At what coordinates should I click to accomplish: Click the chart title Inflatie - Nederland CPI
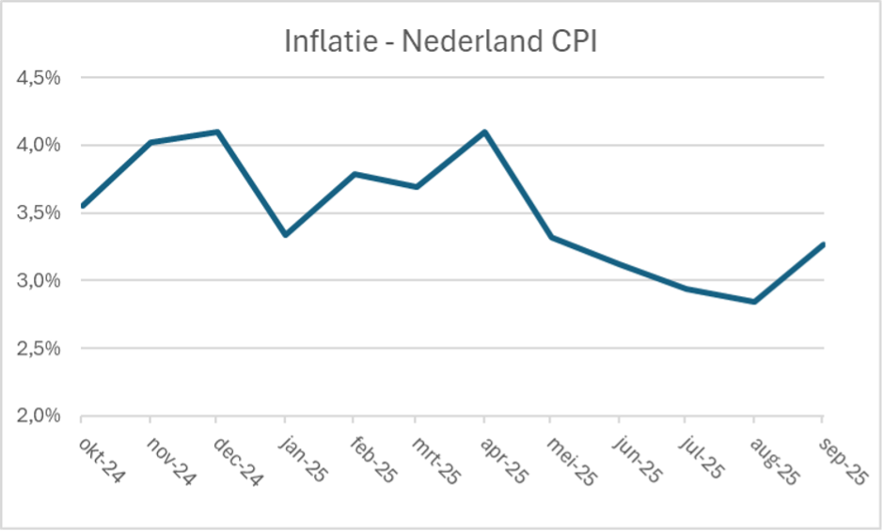point(440,42)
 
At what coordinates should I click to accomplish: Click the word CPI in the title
point(567,42)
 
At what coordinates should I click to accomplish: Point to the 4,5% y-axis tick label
point(39,77)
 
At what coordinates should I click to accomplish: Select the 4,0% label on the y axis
point(39,145)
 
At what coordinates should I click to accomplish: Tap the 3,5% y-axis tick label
point(39,212)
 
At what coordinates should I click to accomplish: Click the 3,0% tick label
point(39,280)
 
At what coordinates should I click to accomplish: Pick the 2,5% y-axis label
point(39,348)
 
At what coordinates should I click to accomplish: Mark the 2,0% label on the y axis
point(39,415)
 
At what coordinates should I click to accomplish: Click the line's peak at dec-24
point(217,132)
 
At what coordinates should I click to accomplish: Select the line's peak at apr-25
point(485,132)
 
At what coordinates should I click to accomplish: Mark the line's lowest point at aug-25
point(754,302)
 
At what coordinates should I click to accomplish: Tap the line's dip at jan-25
point(284,235)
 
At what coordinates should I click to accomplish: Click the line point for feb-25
point(352,173)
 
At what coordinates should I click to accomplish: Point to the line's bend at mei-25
point(553,237)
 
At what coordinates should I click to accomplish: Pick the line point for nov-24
point(150,142)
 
